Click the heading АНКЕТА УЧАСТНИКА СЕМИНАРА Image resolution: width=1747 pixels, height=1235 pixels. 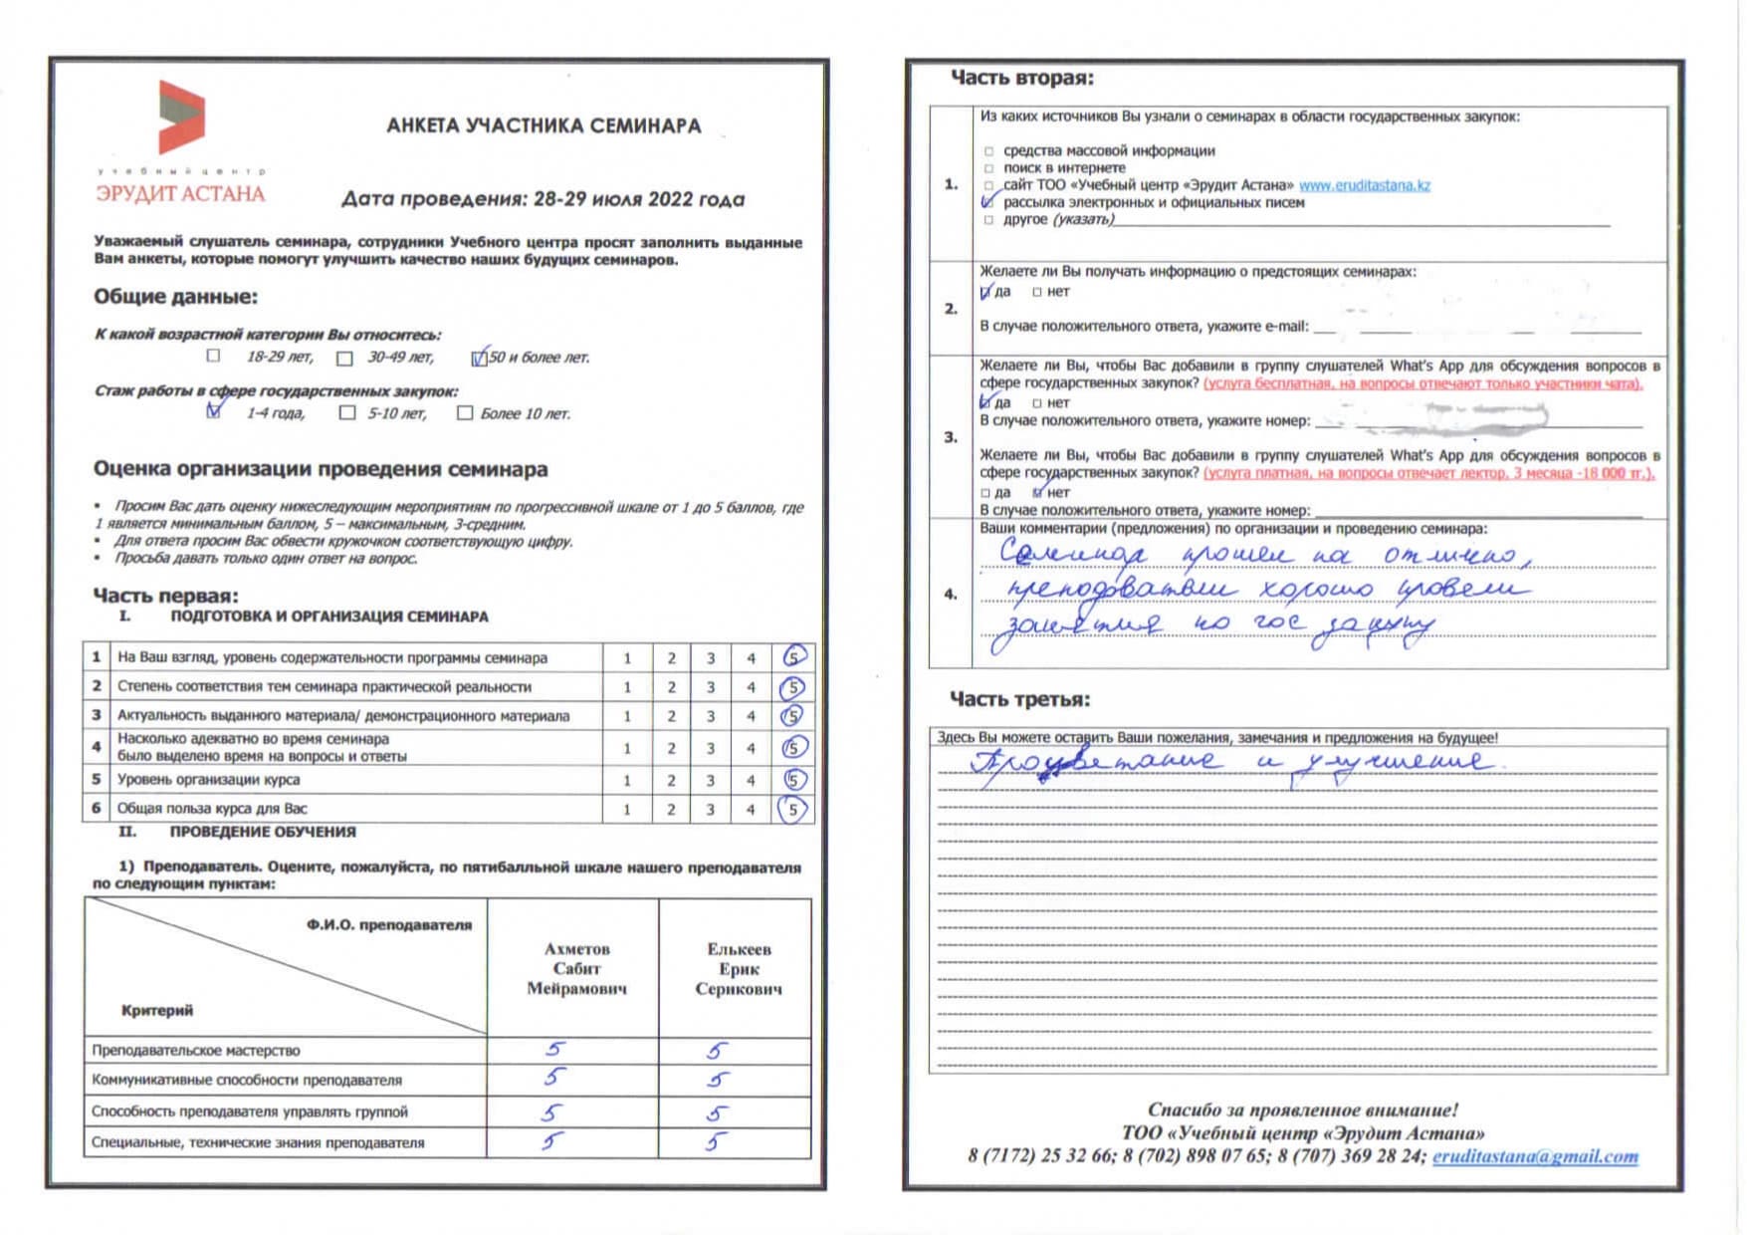544,126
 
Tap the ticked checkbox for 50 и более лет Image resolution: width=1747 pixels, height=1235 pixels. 479,358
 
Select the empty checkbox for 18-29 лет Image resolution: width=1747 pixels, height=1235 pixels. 213,356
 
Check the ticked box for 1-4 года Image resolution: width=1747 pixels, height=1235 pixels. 214,410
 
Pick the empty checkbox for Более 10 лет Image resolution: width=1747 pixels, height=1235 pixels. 464,412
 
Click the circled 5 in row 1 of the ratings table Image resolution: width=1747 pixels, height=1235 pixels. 793,657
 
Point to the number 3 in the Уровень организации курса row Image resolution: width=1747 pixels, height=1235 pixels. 711,780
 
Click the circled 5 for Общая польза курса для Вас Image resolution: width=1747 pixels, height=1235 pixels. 792,809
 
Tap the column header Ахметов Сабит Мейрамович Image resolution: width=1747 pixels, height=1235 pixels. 576,968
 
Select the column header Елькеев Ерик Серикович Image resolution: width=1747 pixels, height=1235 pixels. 739,968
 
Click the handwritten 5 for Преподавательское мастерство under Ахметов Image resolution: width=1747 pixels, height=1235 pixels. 554,1049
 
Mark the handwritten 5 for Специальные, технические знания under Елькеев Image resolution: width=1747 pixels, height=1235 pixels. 716,1141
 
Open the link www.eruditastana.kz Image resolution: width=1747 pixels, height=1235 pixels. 1364,185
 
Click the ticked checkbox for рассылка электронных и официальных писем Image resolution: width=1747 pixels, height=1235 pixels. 987,202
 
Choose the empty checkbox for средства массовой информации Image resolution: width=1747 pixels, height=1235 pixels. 988,151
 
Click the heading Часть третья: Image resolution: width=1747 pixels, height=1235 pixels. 1019,699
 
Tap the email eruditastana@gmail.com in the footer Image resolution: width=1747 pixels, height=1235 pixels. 1535,1156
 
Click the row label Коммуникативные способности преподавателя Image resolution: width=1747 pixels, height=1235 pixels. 247,1080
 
